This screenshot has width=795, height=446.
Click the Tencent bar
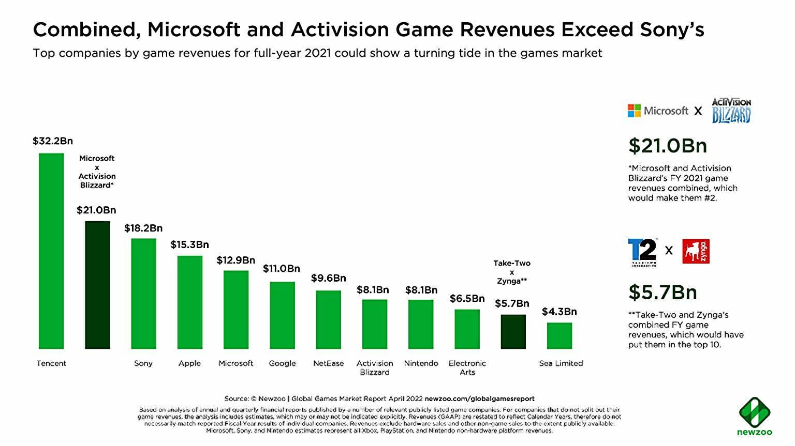coord(51,251)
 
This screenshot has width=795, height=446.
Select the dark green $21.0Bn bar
coord(97,285)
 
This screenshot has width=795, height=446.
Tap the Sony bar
coord(143,293)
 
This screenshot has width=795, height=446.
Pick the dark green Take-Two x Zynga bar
coord(513,331)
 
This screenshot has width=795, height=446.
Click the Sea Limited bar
coord(560,335)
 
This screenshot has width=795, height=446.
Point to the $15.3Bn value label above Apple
coord(189,244)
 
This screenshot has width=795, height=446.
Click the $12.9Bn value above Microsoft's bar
coord(235,260)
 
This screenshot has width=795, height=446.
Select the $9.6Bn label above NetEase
coord(328,278)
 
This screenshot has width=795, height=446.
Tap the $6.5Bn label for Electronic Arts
coord(467,298)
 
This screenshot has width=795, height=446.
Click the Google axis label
coord(282,363)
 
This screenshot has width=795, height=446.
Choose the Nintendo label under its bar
coord(421,363)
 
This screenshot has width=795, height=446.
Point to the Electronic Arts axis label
coord(467,367)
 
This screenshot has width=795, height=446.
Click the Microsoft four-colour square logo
coord(634,111)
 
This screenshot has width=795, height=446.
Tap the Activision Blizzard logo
coord(731,110)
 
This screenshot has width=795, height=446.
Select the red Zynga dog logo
coord(696,251)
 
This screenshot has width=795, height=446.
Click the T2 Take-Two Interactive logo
coord(642,252)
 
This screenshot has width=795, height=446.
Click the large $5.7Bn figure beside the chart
coord(662,293)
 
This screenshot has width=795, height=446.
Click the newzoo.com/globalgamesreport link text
coord(479,399)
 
